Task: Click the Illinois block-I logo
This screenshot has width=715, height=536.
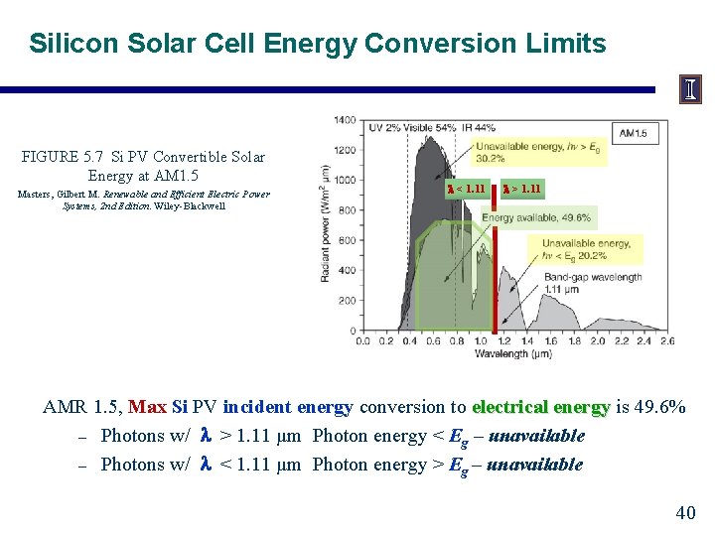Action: pos(690,89)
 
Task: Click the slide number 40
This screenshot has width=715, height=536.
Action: pos(685,513)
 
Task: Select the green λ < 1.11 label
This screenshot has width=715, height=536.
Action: pos(466,189)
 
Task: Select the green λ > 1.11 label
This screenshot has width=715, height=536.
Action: pos(521,189)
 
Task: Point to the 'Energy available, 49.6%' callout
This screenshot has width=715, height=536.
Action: pos(536,217)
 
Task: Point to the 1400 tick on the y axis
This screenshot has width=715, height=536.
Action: pos(345,120)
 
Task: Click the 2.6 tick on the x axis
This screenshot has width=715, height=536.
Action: pos(665,340)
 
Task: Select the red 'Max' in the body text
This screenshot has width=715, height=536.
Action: pos(148,407)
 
